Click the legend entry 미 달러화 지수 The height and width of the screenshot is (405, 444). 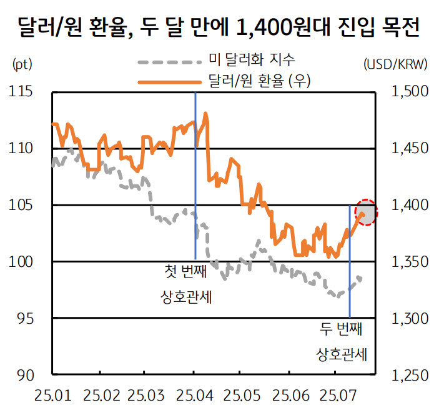click(251, 60)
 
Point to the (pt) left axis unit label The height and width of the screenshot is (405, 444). click(21, 64)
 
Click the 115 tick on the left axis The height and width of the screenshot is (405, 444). click(21, 92)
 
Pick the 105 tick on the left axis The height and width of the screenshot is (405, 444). click(21, 205)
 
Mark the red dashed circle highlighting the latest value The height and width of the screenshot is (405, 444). click(367, 212)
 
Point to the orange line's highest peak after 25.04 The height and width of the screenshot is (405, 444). click(205, 114)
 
